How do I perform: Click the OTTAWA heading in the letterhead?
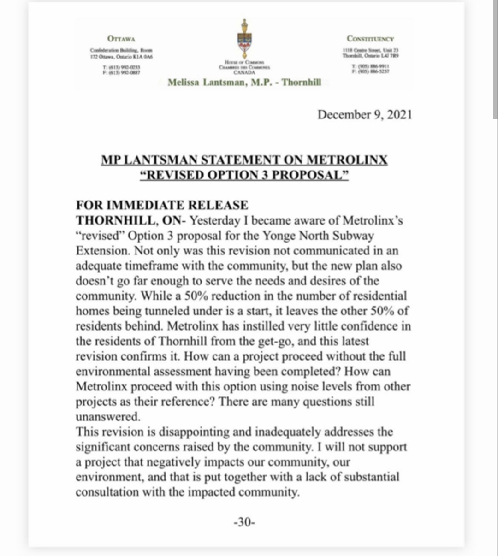coord(121,39)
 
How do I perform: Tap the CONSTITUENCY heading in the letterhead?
coord(370,39)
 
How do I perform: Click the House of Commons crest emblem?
coord(244,39)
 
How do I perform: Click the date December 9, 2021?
coord(364,115)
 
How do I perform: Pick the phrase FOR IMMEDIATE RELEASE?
coord(162,205)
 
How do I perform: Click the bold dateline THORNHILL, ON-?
coord(131,220)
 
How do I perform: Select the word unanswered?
coord(107,417)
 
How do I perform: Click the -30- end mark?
coord(244,522)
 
